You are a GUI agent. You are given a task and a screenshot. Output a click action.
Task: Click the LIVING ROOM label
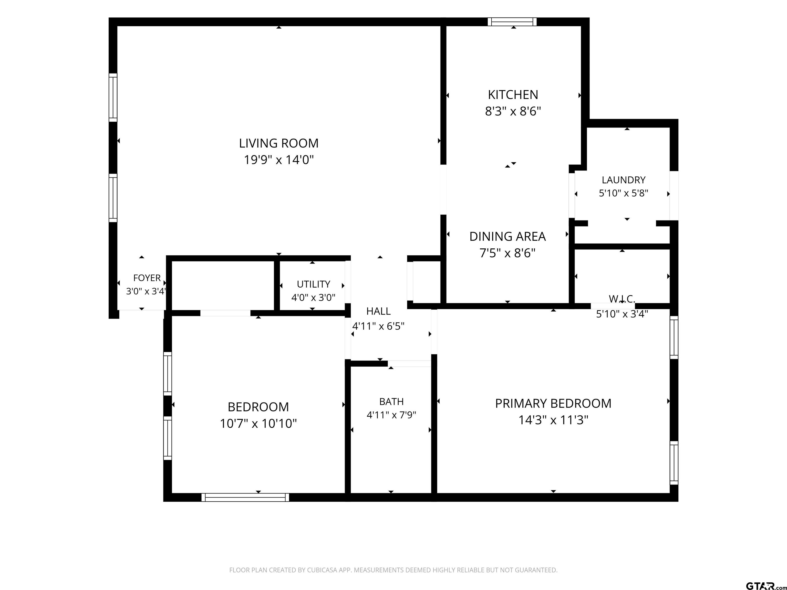pos(278,143)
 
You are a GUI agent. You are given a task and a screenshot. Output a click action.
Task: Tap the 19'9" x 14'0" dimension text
pos(278,160)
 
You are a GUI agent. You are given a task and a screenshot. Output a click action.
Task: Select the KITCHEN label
pos(513,94)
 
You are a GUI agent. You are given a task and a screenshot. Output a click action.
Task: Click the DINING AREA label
pos(507,237)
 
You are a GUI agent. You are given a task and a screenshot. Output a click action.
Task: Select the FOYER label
pos(147,278)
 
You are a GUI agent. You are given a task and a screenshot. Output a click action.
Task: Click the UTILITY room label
pos(314,284)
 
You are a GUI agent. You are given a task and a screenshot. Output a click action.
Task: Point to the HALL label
pos(379,311)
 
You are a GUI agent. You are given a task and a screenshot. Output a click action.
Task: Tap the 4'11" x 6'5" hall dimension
pos(379,326)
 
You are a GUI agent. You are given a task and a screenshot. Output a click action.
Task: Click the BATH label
pos(391,402)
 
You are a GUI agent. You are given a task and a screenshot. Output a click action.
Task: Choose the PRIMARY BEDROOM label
pos(553,403)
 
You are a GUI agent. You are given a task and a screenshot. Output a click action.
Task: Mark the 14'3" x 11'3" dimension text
pos(553,420)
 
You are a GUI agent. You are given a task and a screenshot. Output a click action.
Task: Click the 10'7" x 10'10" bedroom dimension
pos(258,424)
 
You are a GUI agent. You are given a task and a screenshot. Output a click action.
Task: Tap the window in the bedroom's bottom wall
pos(245,497)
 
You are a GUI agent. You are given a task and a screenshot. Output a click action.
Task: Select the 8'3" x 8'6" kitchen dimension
pos(513,111)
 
